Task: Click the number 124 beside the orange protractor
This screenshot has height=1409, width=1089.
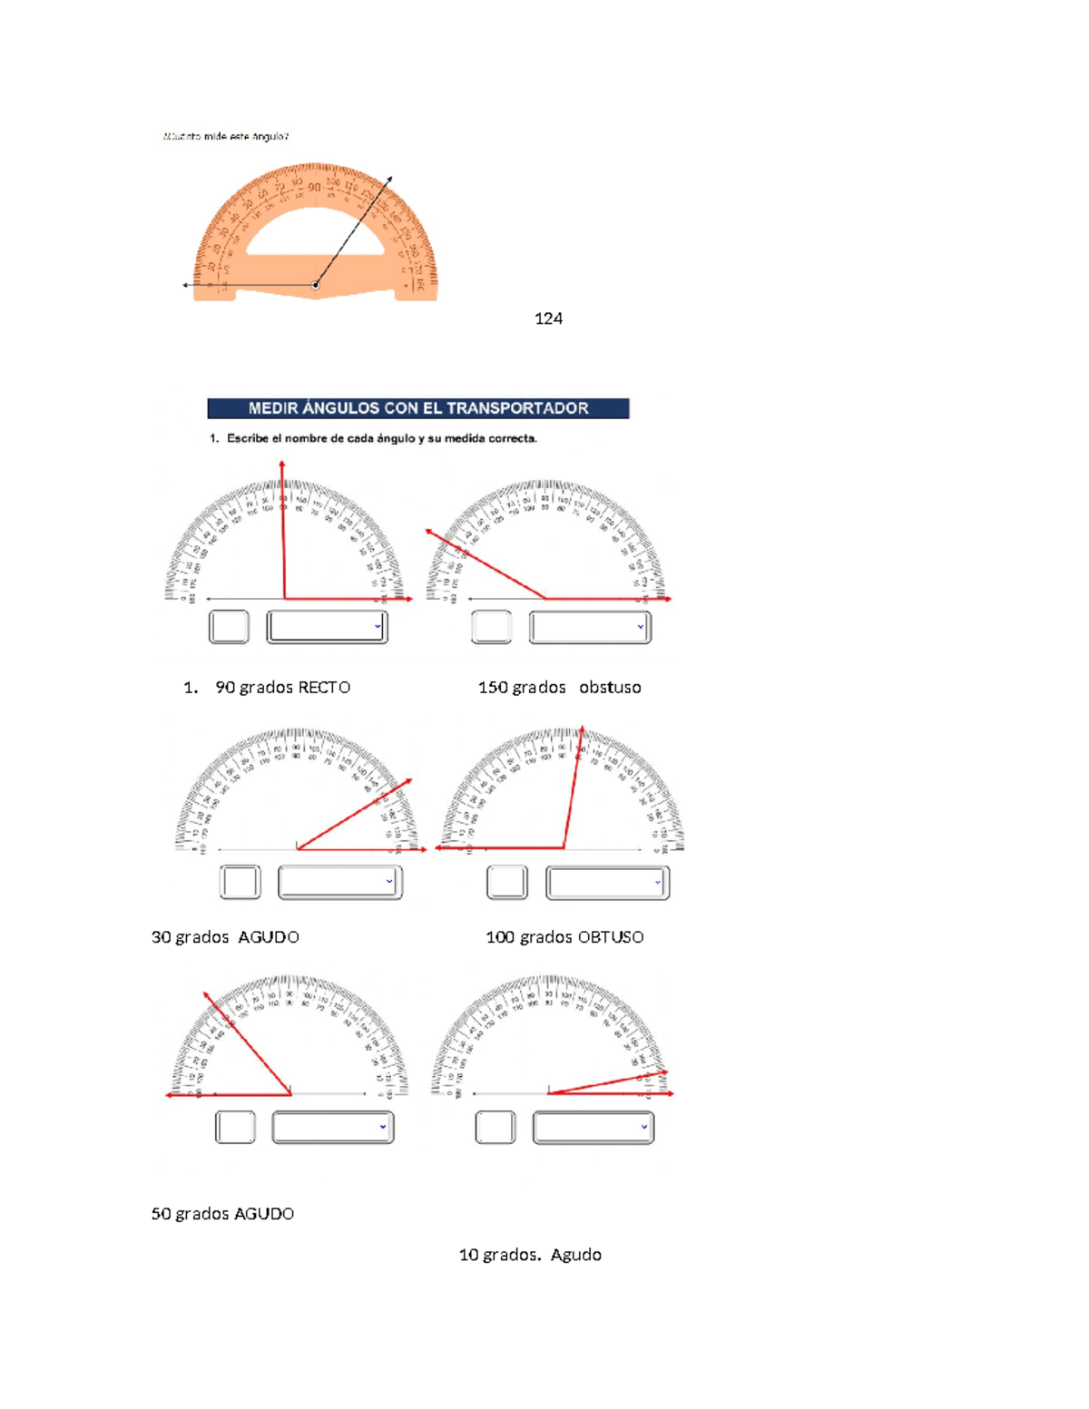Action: [x=548, y=318]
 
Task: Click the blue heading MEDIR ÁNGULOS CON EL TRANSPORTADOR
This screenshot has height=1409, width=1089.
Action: [x=418, y=408]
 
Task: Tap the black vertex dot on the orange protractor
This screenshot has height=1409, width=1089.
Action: [x=316, y=285]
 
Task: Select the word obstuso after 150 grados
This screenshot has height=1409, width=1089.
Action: [x=610, y=688]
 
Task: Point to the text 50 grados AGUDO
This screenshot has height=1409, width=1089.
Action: [x=222, y=1214]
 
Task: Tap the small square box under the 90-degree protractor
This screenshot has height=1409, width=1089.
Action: [x=229, y=627]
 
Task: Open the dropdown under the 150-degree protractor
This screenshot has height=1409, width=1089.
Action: [x=590, y=627]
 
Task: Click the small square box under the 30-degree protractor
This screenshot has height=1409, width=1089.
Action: [x=240, y=882]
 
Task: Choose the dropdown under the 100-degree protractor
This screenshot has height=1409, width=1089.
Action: [x=607, y=883]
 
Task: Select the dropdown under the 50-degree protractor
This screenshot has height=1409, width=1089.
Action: [x=332, y=1128]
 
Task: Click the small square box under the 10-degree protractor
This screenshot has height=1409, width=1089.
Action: [x=495, y=1128]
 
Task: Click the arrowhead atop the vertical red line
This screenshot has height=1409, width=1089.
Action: [x=282, y=465]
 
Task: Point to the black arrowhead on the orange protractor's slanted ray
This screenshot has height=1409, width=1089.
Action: [x=389, y=180]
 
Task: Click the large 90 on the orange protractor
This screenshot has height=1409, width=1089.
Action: [x=314, y=188]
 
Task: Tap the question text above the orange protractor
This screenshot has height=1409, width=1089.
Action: [x=226, y=137]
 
